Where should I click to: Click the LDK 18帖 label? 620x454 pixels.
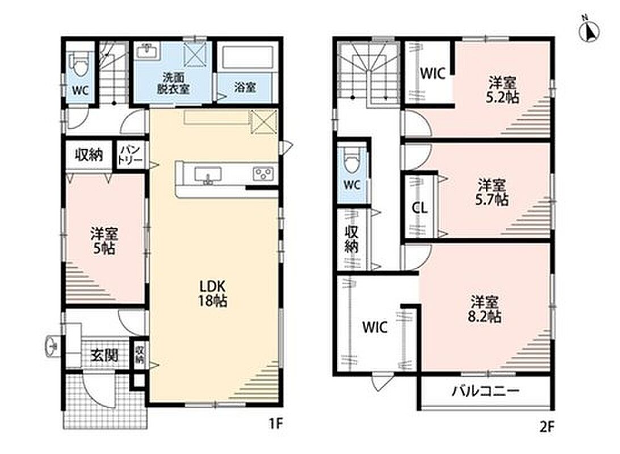click(212, 293)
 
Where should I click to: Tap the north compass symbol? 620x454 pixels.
click(589, 30)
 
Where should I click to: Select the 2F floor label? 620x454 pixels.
click(547, 427)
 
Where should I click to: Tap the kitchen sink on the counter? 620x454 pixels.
click(207, 175)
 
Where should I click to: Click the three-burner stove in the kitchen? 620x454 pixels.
click(263, 174)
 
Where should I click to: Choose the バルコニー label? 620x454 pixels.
click(485, 392)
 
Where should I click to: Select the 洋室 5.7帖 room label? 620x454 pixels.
click(491, 192)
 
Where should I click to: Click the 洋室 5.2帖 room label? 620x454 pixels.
click(502, 90)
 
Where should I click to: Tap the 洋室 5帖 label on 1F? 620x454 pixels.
click(104, 241)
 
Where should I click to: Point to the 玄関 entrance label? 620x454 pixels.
click(104, 356)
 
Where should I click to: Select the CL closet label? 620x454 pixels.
click(420, 208)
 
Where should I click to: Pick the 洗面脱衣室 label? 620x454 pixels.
click(173, 83)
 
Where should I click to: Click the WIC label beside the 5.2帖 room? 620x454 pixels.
click(433, 74)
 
